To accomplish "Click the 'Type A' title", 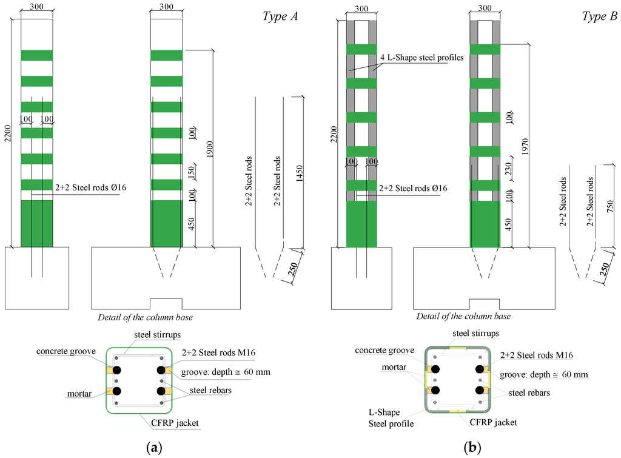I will pyautogui.click(x=280, y=17).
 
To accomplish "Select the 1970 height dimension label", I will pyautogui.click(x=523, y=146).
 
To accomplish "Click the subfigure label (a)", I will pyautogui.click(x=155, y=448).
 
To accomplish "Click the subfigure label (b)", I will pyautogui.click(x=472, y=448).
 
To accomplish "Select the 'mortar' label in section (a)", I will pyautogui.click(x=80, y=394).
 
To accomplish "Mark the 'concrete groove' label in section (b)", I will pyautogui.click(x=384, y=350).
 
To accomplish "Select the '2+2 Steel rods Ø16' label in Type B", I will pyautogui.click(x=412, y=189).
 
